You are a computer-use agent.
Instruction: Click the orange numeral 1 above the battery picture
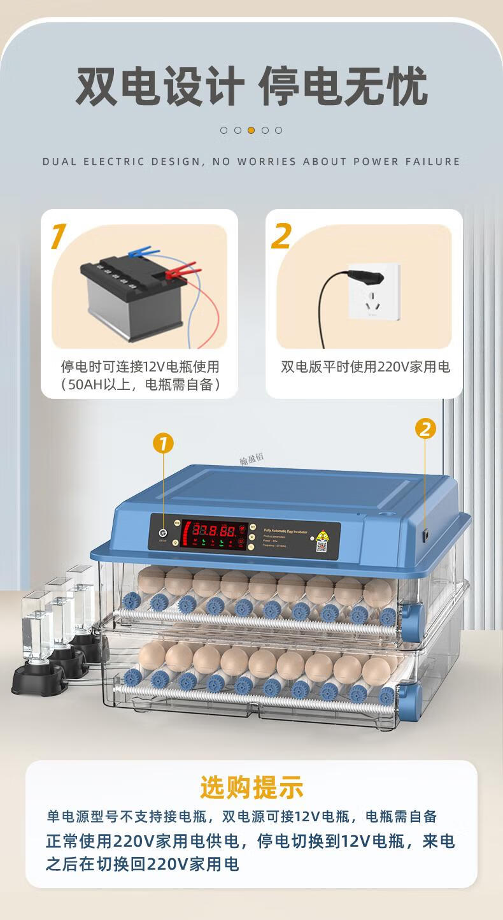(58, 237)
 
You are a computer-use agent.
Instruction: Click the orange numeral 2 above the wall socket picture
(281, 236)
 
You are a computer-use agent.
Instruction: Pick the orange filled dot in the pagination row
(251, 130)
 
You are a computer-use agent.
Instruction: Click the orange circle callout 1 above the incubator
(163, 443)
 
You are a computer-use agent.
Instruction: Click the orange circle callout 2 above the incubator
(425, 429)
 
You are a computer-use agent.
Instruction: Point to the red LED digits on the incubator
(212, 529)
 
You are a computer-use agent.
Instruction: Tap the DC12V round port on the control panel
(163, 533)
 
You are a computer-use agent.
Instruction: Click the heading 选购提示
(251, 787)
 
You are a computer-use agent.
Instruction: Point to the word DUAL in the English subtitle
(59, 162)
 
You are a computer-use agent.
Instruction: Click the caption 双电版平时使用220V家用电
(365, 367)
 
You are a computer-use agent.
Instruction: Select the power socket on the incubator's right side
(424, 536)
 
